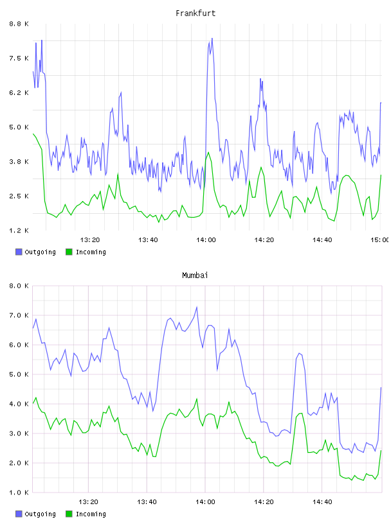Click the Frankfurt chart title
click(x=195, y=13)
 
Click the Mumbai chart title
click(x=195, y=275)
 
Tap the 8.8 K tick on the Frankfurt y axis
click(x=19, y=24)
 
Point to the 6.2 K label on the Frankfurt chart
click(x=19, y=93)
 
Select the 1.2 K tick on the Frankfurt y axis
click(x=19, y=231)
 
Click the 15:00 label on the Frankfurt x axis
click(x=380, y=240)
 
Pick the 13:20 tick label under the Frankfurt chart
click(x=90, y=240)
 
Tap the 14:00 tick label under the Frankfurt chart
click(x=206, y=240)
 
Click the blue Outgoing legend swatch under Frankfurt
click(x=19, y=252)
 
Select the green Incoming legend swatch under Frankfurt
click(x=69, y=252)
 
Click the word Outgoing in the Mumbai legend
click(x=40, y=514)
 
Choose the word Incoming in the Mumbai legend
click(x=91, y=514)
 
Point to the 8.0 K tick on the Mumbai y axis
click(x=19, y=286)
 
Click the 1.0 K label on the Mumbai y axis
click(x=19, y=493)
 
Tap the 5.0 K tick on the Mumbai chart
click(x=19, y=374)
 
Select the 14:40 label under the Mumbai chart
click(x=322, y=502)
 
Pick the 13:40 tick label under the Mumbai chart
click(x=147, y=502)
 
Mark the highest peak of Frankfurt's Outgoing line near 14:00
click(x=212, y=39)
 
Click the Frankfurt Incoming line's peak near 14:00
click(x=208, y=152)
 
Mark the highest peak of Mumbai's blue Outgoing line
click(x=197, y=307)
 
